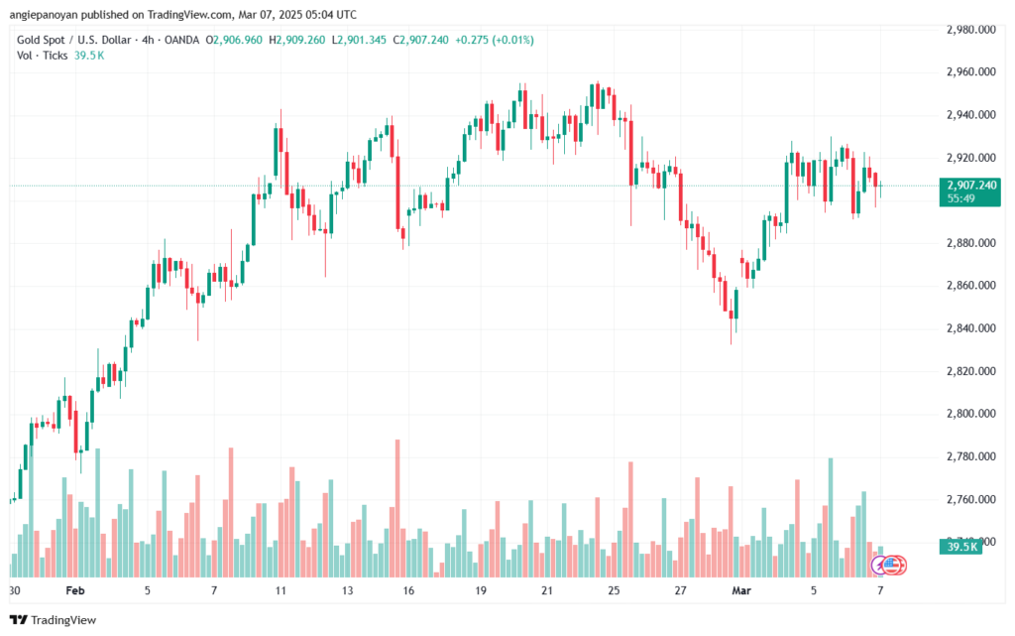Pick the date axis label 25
[614, 588]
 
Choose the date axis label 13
[348, 588]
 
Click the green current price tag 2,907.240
[972, 186]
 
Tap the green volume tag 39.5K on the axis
[962, 546]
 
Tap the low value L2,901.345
[361, 40]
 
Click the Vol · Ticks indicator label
[43, 56]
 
